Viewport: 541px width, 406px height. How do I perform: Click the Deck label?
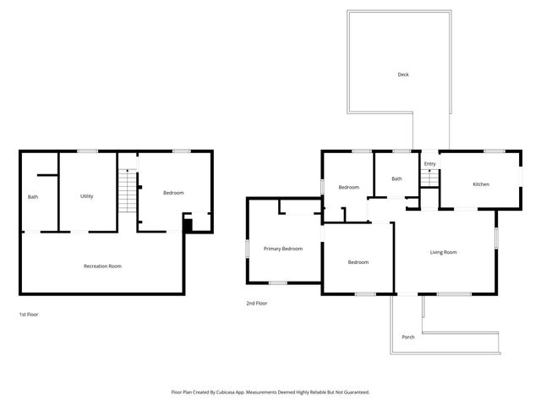(403, 74)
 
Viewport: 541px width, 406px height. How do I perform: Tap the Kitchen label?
(480, 184)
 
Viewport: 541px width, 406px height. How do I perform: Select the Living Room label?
(443, 252)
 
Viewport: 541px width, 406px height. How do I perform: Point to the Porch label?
(407, 337)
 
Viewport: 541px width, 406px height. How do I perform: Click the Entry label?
(429, 164)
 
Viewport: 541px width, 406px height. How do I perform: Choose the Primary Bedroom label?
(282, 249)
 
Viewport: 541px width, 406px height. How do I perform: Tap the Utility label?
(86, 196)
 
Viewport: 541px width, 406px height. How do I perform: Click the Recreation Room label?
(102, 266)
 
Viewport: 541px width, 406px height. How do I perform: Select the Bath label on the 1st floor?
(33, 197)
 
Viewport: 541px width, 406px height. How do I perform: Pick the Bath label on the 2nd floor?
(396, 178)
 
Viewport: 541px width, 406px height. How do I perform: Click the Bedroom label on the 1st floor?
(173, 193)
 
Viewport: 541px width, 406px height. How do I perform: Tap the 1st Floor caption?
(29, 315)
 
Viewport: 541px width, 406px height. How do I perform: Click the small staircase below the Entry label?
(429, 178)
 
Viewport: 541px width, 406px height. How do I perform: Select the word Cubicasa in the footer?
(238, 392)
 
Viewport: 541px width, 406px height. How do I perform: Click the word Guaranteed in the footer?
(354, 392)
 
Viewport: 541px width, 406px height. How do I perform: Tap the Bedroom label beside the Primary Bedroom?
(358, 262)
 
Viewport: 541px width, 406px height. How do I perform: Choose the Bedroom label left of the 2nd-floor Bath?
(348, 187)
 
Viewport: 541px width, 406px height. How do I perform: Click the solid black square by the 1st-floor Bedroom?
(188, 224)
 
